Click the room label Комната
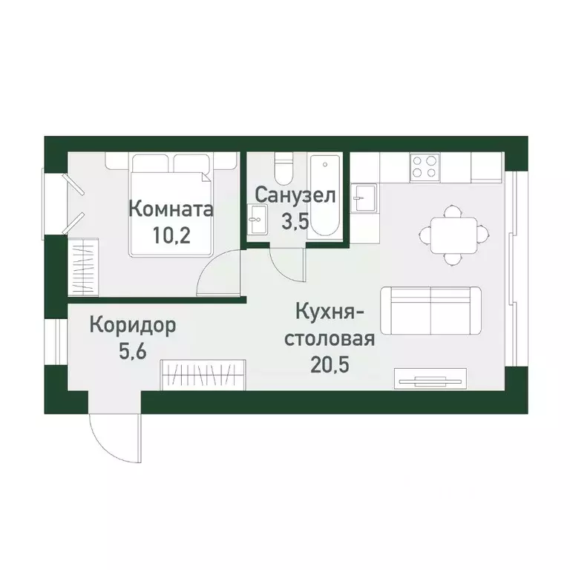click(171, 209)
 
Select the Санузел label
click(296, 195)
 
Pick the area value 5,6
click(134, 350)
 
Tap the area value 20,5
click(330, 364)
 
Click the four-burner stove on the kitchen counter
click(425, 166)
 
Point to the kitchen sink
click(364, 198)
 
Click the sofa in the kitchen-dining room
click(430, 309)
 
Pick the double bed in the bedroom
click(171, 200)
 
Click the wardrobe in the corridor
click(203, 373)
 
